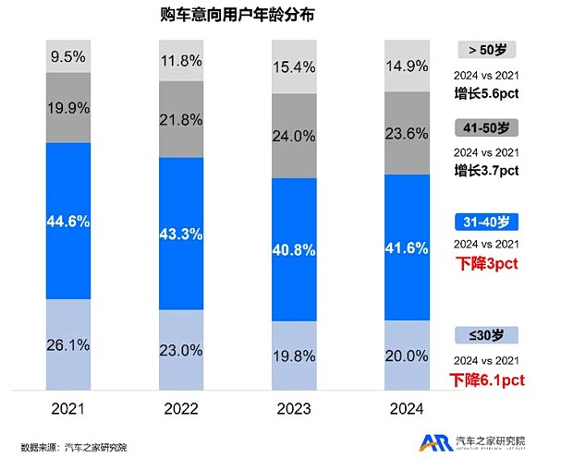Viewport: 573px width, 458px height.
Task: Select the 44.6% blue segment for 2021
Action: (x=68, y=221)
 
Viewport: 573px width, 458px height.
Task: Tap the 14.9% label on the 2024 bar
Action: (x=408, y=65)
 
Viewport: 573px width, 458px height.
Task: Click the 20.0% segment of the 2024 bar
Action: (x=408, y=355)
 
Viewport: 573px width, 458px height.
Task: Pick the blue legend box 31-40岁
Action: (x=487, y=222)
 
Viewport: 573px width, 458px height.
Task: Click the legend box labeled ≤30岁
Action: (x=487, y=335)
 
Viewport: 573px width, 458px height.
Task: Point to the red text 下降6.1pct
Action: (x=487, y=380)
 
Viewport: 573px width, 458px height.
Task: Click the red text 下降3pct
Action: (x=487, y=264)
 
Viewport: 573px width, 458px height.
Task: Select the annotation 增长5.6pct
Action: (x=487, y=93)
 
